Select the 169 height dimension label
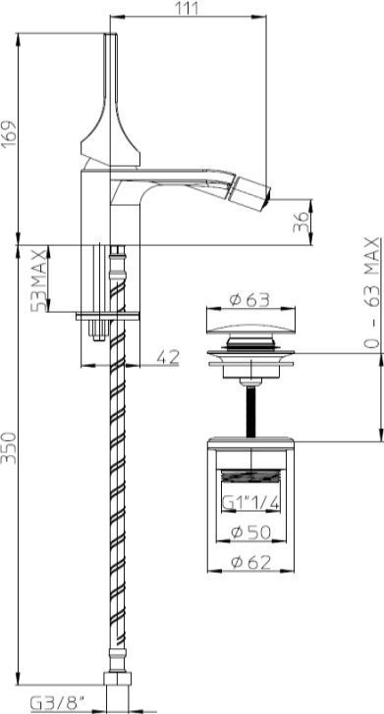9,134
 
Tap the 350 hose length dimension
9,447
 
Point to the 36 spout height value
301,222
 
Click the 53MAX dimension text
39,280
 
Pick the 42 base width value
167,357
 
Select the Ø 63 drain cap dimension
249,300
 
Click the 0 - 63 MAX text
372,292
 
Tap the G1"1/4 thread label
250,503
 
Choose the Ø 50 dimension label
250,532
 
